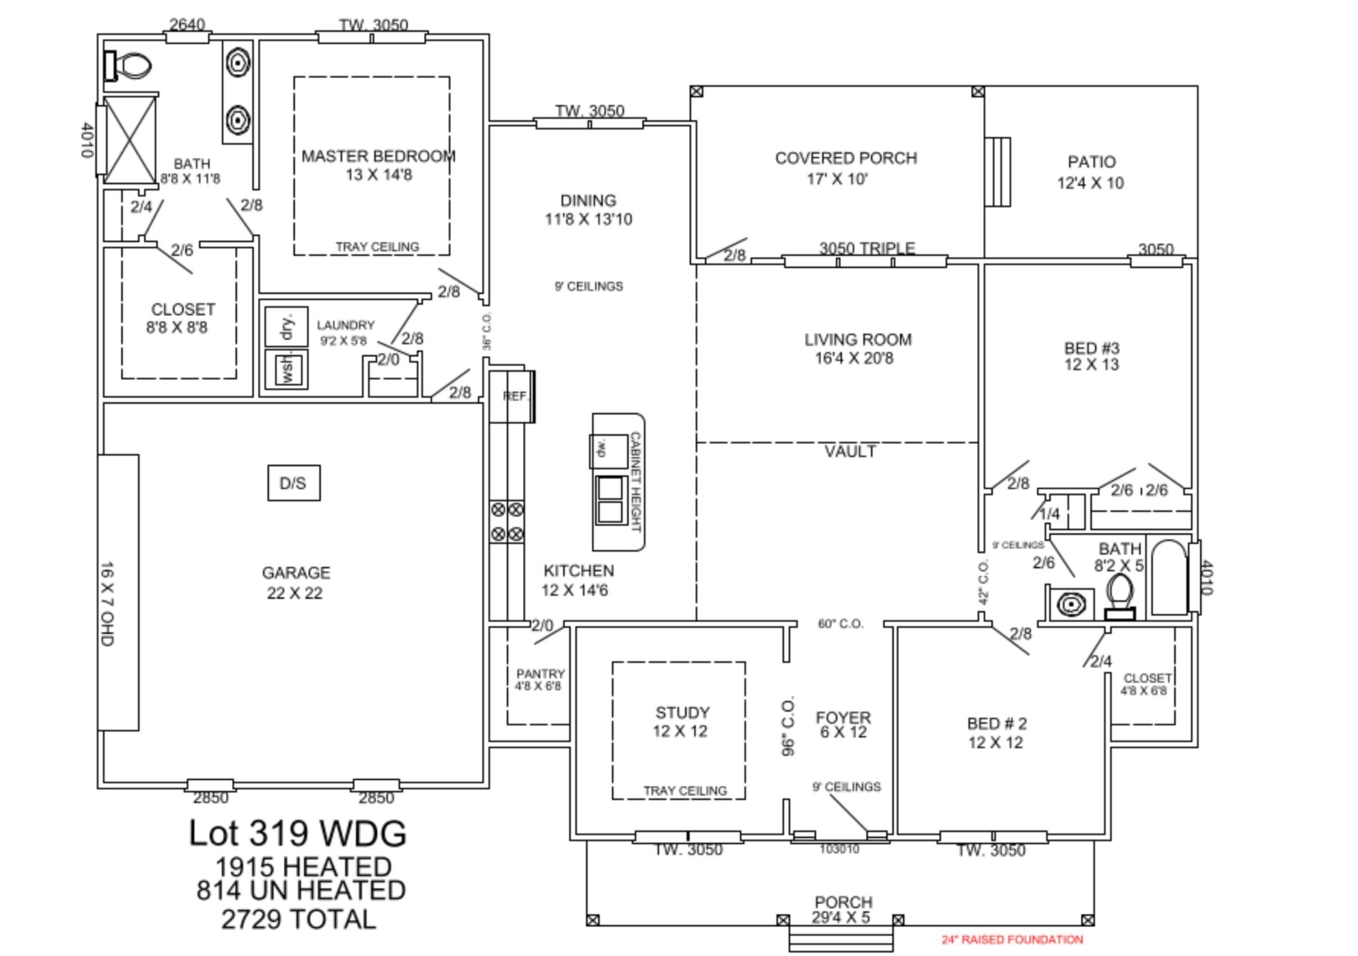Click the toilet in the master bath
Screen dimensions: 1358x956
(x=128, y=66)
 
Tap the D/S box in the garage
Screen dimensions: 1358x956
(x=294, y=483)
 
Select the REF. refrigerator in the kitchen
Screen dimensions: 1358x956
(x=513, y=396)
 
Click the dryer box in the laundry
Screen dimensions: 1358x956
(x=286, y=326)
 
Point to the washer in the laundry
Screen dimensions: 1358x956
(x=286, y=370)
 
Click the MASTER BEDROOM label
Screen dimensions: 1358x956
(x=379, y=156)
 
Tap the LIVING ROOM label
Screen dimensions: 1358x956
(x=858, y=339)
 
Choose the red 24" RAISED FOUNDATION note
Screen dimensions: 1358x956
(x=1012, y=940)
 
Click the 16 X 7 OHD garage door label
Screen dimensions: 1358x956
(x=107, y=604)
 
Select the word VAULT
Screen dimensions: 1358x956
(x=850, y=452)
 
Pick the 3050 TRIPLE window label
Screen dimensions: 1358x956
(x=867, y=248)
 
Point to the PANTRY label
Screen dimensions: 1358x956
(x=540, y=674)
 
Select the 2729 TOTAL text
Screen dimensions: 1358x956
(x=299, y=919)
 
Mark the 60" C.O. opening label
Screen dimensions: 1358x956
(x=840, y=624)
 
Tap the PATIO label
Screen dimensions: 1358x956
(x=1092, y=161)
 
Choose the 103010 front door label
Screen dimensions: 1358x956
(x=839, y=849)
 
